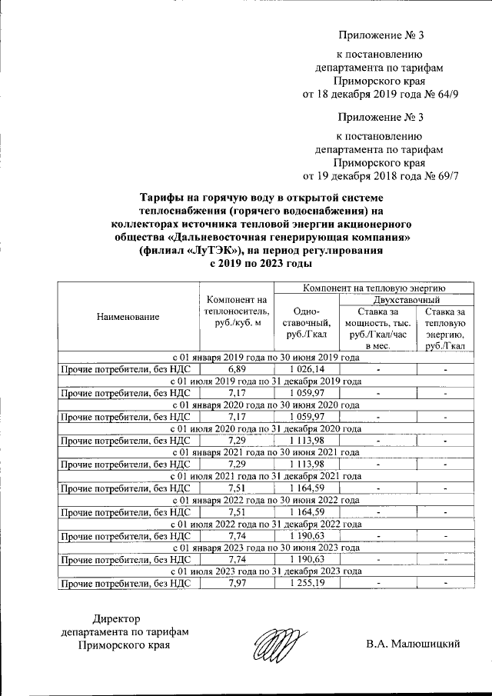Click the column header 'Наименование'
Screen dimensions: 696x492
click(128, 317)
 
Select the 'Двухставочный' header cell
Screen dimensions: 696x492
click(406, 298)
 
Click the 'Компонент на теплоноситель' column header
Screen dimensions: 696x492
click(235, 311)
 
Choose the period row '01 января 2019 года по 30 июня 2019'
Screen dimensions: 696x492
click(265, 358)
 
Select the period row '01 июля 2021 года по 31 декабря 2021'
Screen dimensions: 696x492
click(265, 478)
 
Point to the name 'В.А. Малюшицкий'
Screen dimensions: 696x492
click(413, 644)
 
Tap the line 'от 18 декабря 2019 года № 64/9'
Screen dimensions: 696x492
click(381, 95)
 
